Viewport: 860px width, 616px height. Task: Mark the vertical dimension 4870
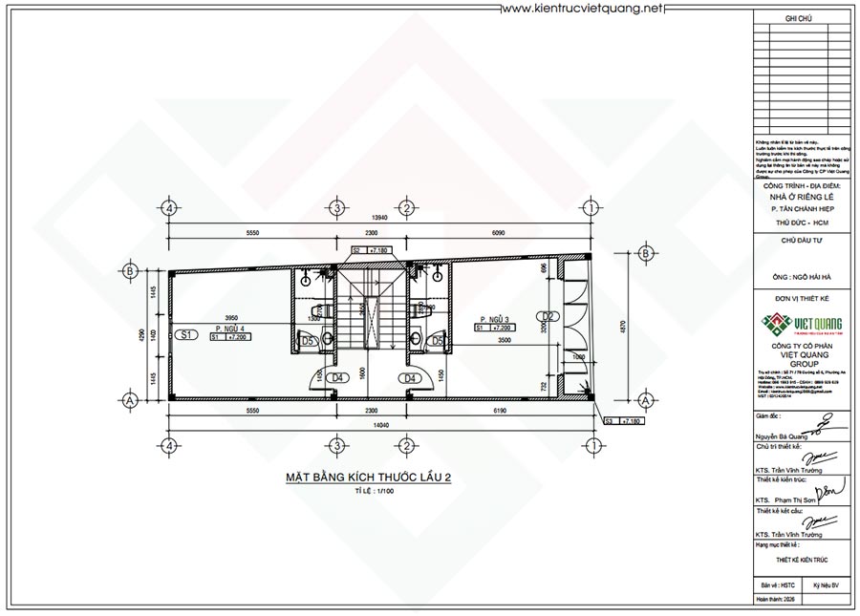pyautogui.click(x=624, y=326)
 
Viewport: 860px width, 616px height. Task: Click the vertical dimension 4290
pyautogui.click(x=140, y=336)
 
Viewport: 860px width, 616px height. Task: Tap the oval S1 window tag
pyautogui.click(x=186, y=334)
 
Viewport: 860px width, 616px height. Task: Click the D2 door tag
pyautogui.click(x=548, y=316)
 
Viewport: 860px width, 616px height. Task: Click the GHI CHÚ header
pyautogui.click(x=798, y=18)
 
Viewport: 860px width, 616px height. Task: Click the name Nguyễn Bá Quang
pyautogui.click(x=777, y=434)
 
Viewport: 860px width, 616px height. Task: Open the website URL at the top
pyautogui.click(x=582, y=9)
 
